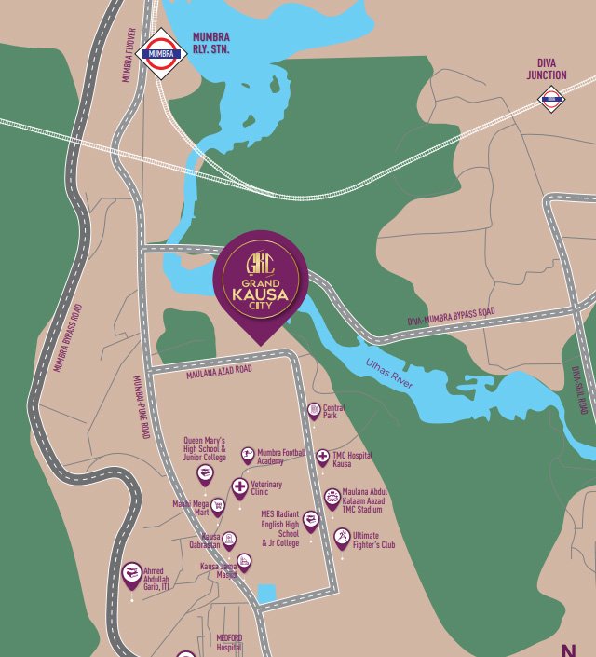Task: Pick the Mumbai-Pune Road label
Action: (142, 405)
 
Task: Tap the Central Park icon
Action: (314, 410)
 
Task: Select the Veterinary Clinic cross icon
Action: (239, 487)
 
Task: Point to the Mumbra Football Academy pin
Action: (248, 454)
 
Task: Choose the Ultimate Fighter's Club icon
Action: (342, 538)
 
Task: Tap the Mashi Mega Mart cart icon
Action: (218, 506)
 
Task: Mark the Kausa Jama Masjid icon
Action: (243, 561)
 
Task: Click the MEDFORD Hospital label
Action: (229, 641)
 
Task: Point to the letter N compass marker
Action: (568, 649)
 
